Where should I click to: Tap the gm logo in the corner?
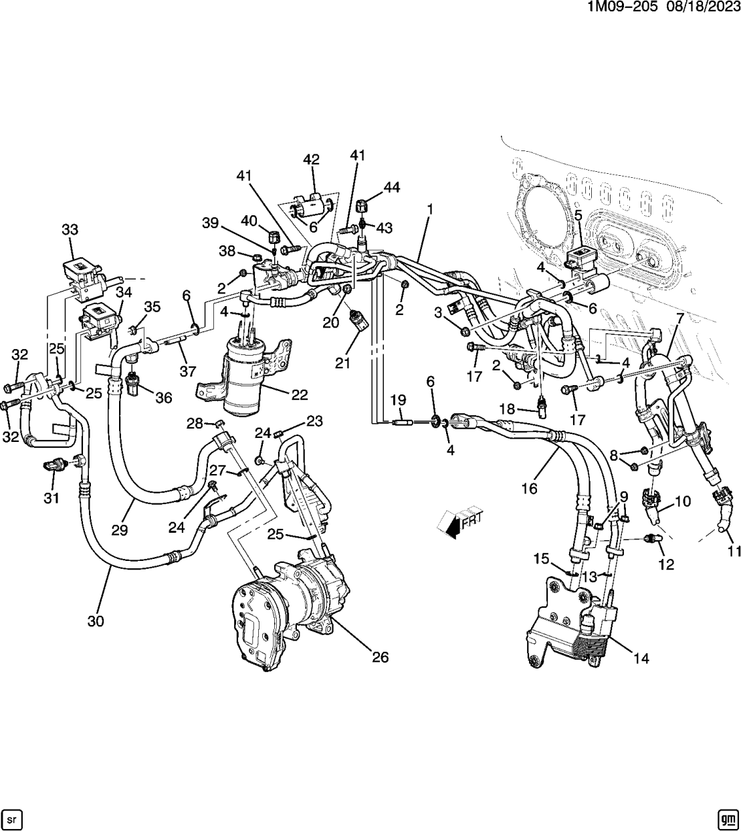tap(727, 818)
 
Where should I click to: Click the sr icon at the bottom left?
tap(13, 818)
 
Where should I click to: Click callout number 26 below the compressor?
tap(380, 657)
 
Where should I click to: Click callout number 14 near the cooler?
tap(641, 658)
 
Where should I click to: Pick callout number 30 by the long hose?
tap(96, 621)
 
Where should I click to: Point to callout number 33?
tap(70, 229)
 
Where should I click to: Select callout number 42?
tap(311, 159)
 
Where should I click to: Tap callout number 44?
tap(391, 188)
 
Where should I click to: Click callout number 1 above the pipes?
tap(430, 209)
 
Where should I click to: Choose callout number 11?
tap(735, 552)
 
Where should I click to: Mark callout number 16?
tap(529, 489)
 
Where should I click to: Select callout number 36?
tap(163, 398)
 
